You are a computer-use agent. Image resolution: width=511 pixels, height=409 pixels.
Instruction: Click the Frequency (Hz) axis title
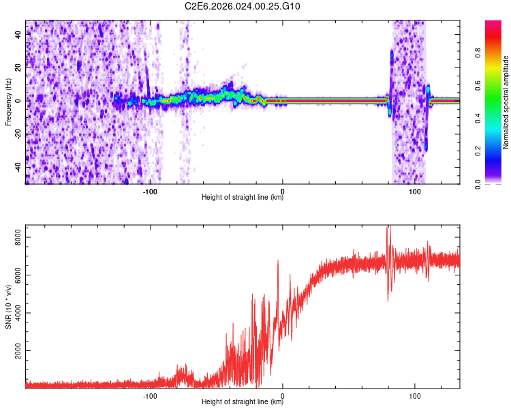click(x=8, y=102)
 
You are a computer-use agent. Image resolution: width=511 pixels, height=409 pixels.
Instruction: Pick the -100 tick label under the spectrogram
click(x=150, y=191)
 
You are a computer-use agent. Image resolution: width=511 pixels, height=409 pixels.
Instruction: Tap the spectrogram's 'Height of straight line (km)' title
click(x=243, y=198)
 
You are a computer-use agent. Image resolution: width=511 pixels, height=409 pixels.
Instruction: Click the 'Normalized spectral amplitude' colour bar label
click(x=506, y=102)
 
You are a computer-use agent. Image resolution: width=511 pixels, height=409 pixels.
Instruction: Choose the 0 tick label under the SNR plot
click(x=283, y=395)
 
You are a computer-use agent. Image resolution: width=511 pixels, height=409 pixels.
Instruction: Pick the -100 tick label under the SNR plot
click(x=150, y=395)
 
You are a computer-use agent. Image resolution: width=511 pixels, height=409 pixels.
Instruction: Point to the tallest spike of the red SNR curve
click(x=388, y=228)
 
